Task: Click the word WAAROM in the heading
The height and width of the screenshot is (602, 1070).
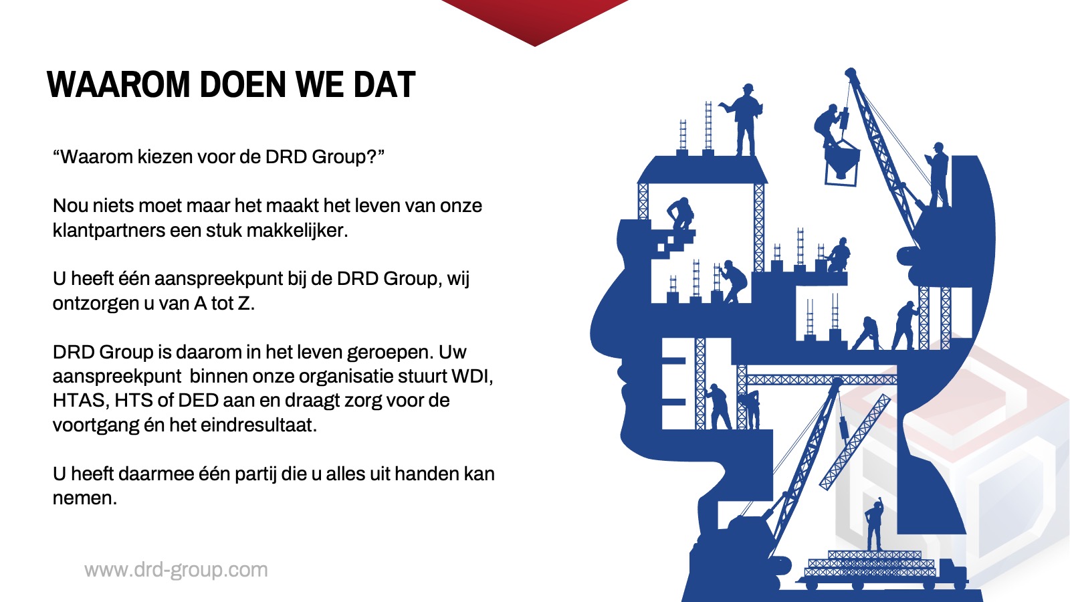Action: pyautogui.click(x=118, y=84)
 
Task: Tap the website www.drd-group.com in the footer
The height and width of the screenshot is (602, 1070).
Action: pyautogui.click(x=176, y=570)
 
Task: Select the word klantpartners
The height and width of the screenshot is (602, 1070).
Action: pyautogui.click(x=109, y=230)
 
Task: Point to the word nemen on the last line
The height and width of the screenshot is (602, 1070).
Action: pyautogui.click(x=84, y=498)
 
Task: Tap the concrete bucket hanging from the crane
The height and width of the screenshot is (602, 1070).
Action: pyautogui.click(x=842, y=163)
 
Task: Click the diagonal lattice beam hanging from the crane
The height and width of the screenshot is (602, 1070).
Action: pyautogui.click(x=855, y=442)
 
